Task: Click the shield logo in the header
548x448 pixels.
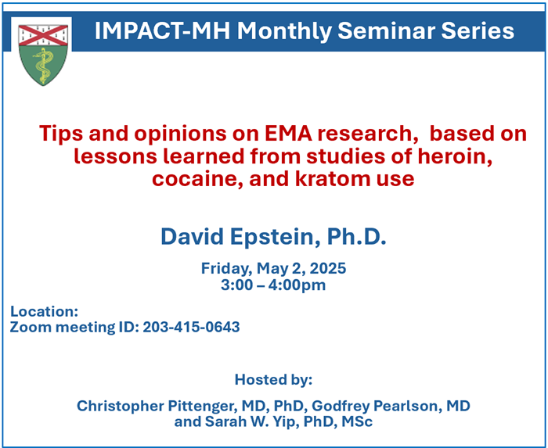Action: coord(43,55)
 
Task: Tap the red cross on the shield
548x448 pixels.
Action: coord(43,35)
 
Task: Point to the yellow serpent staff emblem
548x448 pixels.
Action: coord(43,66)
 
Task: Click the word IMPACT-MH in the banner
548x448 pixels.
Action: coord(163,30)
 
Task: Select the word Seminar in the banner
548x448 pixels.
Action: coord(386,30)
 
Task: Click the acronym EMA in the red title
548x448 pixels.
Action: coord(288,134)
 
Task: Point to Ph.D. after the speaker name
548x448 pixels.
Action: coord(357,237)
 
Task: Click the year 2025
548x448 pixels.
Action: coord(328,268)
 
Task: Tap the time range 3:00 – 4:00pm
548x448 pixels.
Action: coord(273,285)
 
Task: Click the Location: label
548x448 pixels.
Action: coord(44,311)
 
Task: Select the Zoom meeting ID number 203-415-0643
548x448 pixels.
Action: coord(192,327)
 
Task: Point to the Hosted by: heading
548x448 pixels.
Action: coord(273,380)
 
